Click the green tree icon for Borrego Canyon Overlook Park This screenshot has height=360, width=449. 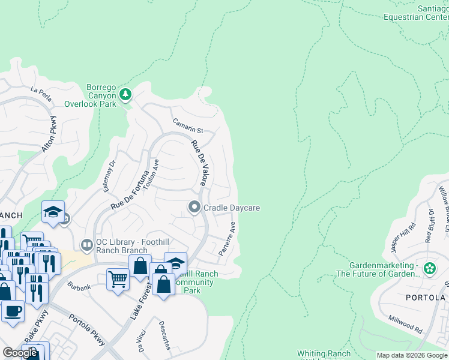125,94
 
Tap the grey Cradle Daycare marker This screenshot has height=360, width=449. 194,208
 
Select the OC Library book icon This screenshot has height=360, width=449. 87,245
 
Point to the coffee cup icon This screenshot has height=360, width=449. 13,311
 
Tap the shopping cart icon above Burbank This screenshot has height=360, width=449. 117,279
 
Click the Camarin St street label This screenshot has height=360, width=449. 188,126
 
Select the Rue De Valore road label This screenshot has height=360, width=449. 198,163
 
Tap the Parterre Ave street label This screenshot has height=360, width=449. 227,239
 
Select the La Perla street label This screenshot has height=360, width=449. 42,90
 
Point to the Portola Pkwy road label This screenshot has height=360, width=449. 88,330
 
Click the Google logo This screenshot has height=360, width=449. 20,353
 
